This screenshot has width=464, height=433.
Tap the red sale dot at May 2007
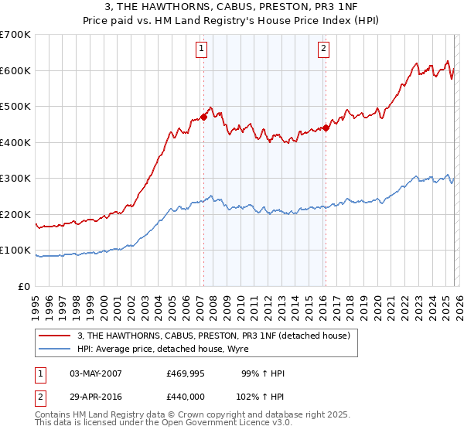(x=203, y=118)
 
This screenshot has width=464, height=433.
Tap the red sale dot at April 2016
(x=326, y=128)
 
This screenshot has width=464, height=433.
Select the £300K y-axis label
(x=15, y=179)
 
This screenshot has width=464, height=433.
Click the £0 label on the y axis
(x=24, y=286)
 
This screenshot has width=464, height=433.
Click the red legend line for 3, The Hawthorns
(x=55, y=336)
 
